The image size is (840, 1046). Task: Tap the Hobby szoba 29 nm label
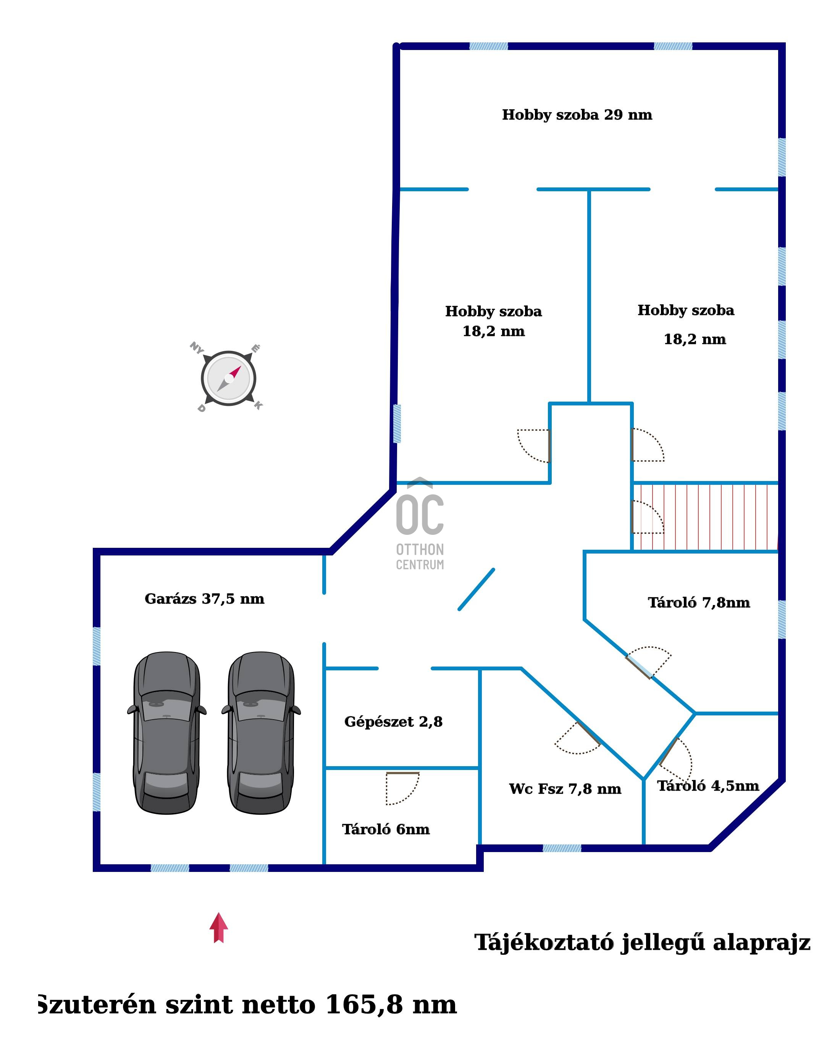click(x=577, y=115)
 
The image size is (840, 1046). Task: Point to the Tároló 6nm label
click(x=386, y=829)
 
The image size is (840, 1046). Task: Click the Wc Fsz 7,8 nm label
click(x=565, y=789)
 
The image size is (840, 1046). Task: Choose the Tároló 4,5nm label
click(x=708, y=786)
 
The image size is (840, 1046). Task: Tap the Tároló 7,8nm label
click(x=699, y=602)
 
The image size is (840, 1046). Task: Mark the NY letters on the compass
click(x=197, y=348)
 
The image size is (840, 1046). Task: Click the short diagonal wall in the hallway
click(x=477, y=589)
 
